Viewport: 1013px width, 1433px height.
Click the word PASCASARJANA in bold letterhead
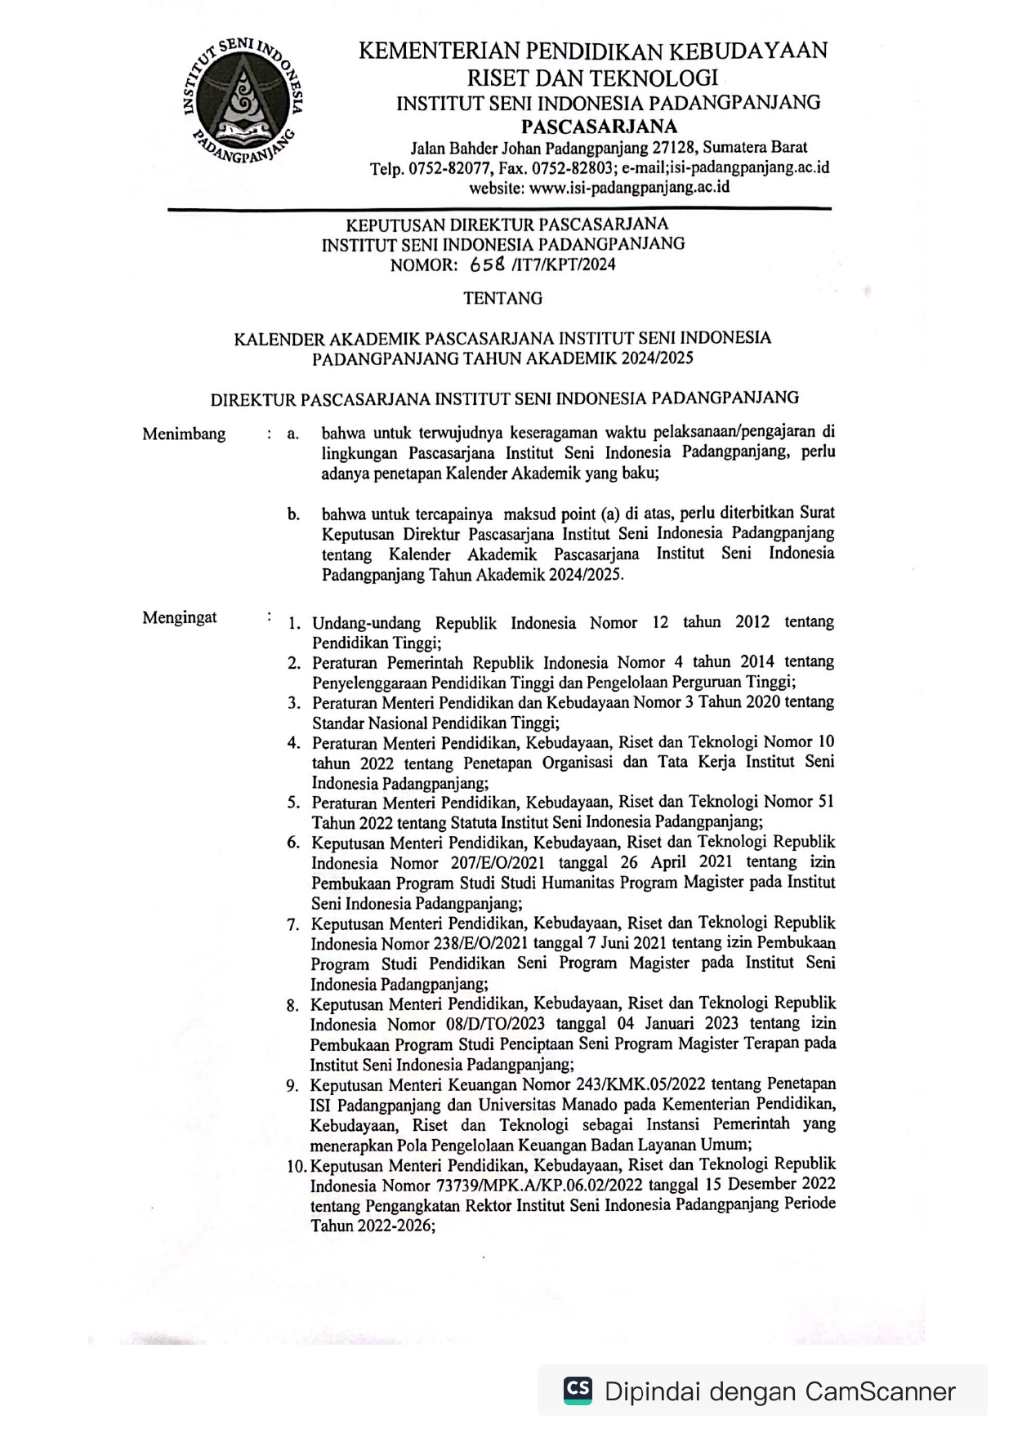click(x=599, y=127)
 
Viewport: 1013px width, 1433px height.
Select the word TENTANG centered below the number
click(x=502, y=299)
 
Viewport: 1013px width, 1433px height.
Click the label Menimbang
click(x=184, y=434)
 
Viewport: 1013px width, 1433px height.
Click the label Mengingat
click(x=180, y=617)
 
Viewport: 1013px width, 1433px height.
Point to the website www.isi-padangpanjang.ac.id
click(x=629, y=187)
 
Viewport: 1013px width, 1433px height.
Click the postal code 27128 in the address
click(x=673, y=148)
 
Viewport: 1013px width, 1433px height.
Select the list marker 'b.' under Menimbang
click(x=293, y=514)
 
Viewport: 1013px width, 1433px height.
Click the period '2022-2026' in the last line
click(x=395, y=1226)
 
